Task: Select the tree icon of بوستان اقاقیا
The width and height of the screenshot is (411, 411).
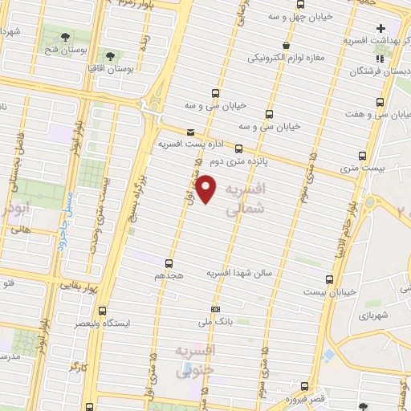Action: (x=110, y=56)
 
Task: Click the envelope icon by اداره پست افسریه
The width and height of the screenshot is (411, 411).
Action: (x=190, y=131)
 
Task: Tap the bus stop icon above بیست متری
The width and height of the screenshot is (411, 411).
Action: (x=363, y=157)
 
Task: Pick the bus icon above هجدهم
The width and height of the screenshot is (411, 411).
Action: (x=169, y=262)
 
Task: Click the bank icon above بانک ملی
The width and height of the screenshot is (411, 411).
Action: (x=214, y=309)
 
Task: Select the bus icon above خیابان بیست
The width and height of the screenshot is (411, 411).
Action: (x=330, y=279)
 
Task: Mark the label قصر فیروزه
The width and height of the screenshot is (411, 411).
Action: (x=308, y=399)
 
